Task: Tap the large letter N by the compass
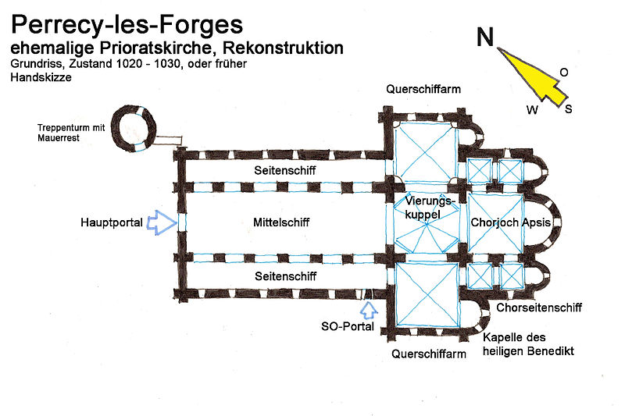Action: tap(484, 37)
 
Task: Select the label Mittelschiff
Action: tap(280, 222)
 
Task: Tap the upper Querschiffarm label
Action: tap(423, 89)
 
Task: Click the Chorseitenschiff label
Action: tap(538, 308)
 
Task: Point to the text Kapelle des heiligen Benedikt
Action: tap(528, 344)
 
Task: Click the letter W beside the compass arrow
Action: tap(532, 109)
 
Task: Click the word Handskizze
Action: tap(37, 77)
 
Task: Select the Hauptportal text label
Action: tap(112, 222)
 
